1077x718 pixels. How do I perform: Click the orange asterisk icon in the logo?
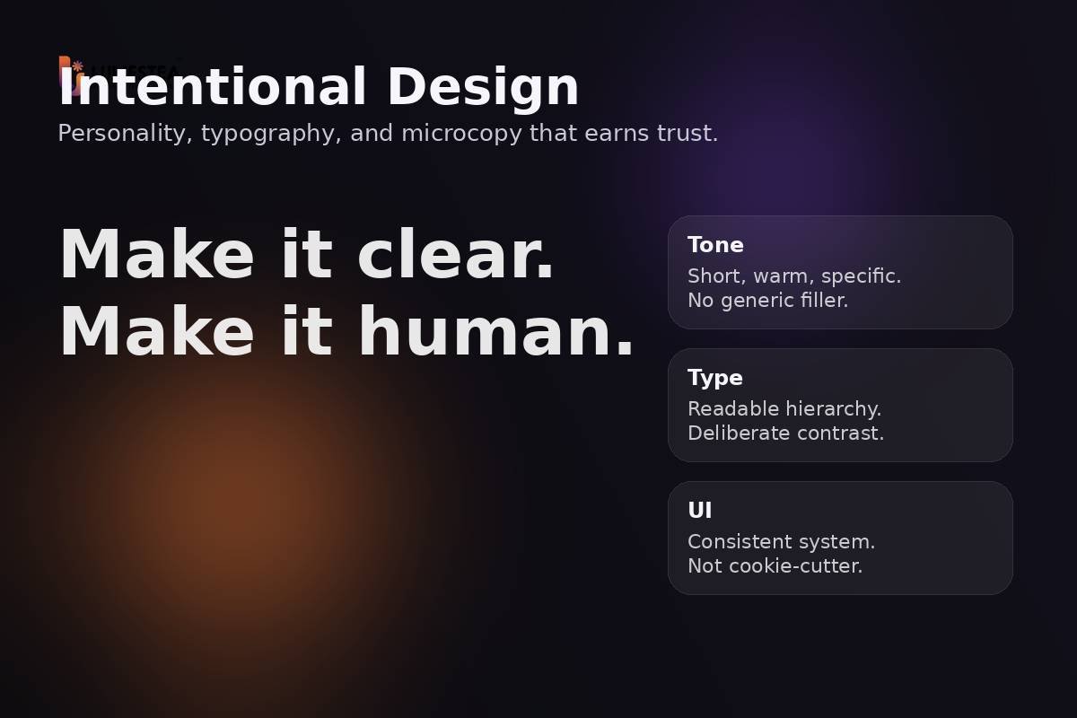(77, 66)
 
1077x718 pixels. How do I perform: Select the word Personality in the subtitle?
(125, 134)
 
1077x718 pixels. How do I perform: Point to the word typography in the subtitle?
(270, 134)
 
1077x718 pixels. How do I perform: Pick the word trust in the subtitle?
(687, 134)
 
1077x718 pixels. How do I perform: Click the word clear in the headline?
(456, 256)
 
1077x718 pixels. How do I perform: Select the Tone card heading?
(715, 245)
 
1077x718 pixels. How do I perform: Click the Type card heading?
(715, 378)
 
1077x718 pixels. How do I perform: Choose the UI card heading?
(700, 511)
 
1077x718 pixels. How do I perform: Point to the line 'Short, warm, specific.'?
(794, 276)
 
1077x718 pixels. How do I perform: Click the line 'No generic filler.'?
(768, 301)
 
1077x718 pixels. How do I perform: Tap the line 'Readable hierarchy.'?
(784, 409)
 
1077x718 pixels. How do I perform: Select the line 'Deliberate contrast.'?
(786, 433)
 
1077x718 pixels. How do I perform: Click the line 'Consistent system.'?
(782, 542)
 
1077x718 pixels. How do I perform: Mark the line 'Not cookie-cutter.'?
(775, 566)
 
